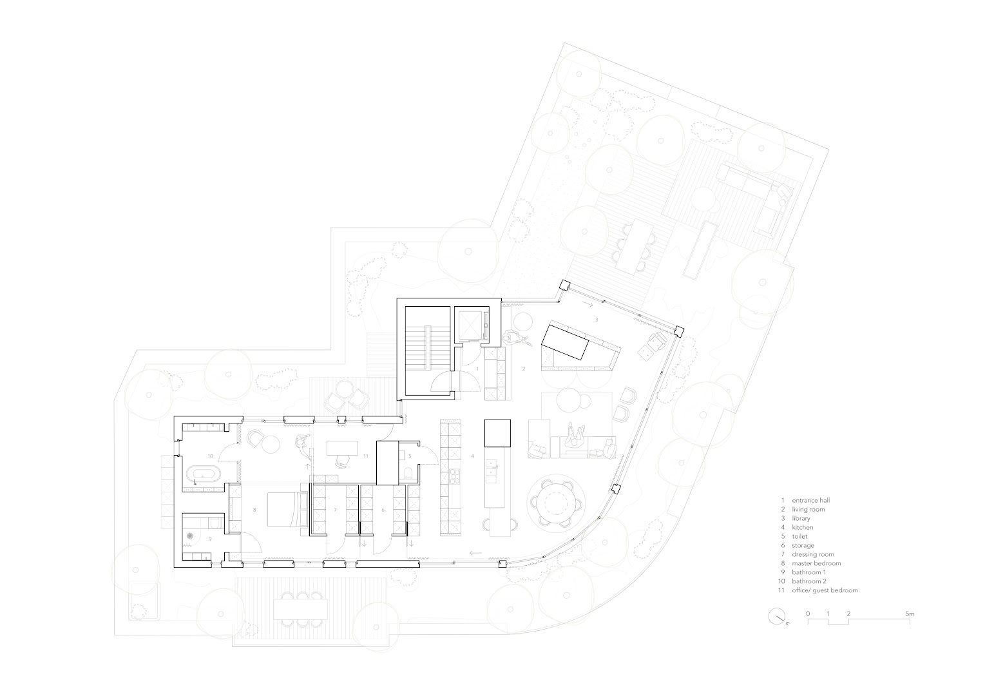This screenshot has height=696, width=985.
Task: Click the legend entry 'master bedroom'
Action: pos(816,563)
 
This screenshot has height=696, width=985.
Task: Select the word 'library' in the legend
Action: pos(801,518)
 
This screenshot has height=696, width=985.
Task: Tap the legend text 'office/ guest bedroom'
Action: pos(825,590)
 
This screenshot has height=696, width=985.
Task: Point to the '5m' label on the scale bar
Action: pos(910,614)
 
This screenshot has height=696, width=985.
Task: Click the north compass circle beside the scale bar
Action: pos(776,616)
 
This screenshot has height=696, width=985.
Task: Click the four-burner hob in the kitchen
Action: pos(454,476)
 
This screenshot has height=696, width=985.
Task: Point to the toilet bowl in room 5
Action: pos(408,474)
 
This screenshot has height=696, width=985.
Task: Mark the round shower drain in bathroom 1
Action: pos(190,536)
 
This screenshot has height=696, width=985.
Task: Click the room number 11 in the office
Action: pos(366,456)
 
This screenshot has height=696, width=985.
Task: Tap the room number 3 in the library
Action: pos(597,320)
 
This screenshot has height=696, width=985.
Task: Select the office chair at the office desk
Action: pos(342,461)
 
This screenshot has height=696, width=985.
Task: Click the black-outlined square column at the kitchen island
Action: pos(498,433)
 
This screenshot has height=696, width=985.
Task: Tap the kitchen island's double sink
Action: pos(492,468)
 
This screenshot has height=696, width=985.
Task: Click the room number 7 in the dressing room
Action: pos(335,510)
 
